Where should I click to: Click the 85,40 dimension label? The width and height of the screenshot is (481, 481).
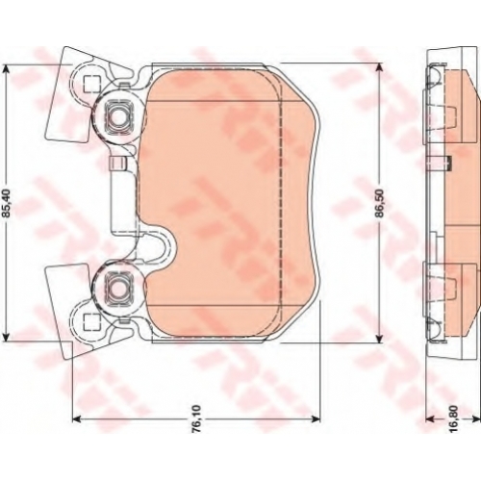[x=8, y=202]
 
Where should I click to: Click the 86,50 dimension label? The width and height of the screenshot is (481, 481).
[x=380, y=203]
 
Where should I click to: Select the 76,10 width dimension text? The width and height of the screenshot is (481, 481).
[x=196, y=418]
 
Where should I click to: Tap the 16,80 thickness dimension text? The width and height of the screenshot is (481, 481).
[x=456, y=418]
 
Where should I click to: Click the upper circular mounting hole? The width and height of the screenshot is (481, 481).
[x=117, y=116]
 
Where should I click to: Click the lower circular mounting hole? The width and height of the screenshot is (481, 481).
[x=117, y=291]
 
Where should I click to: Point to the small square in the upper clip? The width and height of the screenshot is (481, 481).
[x=90, y=85]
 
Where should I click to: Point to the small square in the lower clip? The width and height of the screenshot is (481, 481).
[x=90, y=322]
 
